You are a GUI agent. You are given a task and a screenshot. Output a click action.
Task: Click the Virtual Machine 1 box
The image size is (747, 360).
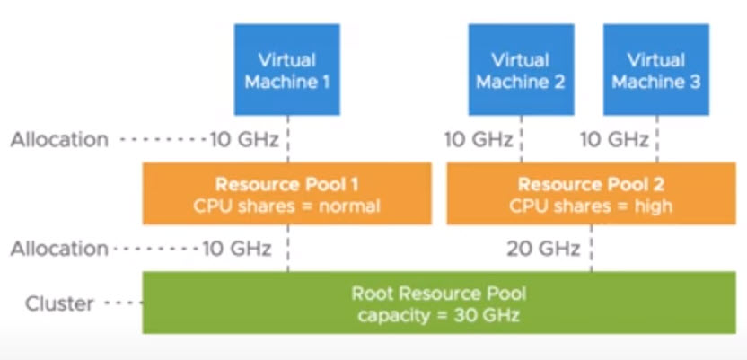pos(287,70)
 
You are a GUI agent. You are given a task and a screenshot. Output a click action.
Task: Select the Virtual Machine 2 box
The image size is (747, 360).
pos(521,70)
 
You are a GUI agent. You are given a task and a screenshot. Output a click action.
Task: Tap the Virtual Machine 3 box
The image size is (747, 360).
pos(655,70)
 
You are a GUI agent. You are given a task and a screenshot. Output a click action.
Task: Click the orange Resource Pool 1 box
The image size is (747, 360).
pos(287,193)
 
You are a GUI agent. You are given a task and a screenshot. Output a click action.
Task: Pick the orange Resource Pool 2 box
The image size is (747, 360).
pos(590,193)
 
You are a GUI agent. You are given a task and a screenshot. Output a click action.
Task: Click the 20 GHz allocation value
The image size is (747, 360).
pos(543,249)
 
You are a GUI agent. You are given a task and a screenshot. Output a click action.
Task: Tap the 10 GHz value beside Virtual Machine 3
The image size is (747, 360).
pos(614,139)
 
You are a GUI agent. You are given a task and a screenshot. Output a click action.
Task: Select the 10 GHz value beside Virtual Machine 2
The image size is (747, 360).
pos(479,139)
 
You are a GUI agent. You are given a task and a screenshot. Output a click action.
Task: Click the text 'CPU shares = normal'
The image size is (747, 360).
pos(287,206)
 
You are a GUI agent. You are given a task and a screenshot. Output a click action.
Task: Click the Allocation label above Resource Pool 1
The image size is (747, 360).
pos(59,139)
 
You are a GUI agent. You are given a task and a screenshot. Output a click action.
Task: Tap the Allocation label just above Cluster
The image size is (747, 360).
pos(59,249)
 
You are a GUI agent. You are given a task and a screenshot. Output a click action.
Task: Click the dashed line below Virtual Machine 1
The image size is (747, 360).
pos(287,139)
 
